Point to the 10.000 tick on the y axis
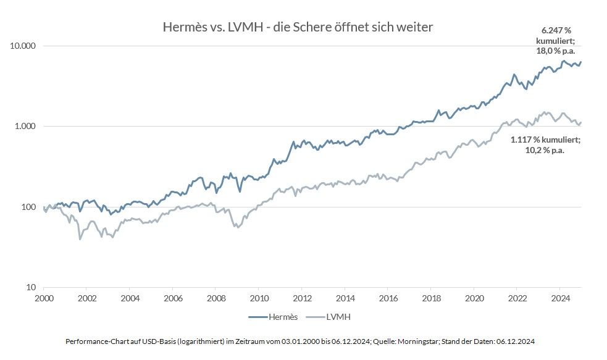coord(24,46)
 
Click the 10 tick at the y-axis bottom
coord(32,287)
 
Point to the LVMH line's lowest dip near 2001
coord(80,239)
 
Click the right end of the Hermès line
coord(581,62)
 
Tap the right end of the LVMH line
coord(581,122)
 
